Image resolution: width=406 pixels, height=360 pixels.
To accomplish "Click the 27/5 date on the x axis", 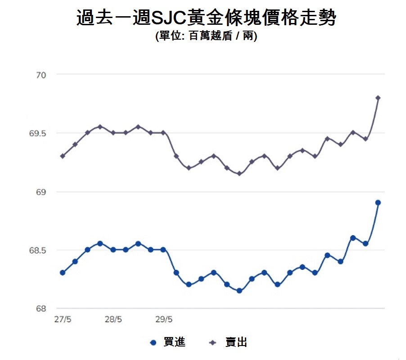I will [x=63, y=319].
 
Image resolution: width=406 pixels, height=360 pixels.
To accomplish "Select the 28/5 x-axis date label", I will [x=113, y=319].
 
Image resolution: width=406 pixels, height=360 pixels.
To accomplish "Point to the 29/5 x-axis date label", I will [x=164, y=319].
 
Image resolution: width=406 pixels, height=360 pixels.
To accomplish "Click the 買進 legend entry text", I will [x=174, y=343].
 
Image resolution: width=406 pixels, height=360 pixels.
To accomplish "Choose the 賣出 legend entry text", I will [x=236, y=343].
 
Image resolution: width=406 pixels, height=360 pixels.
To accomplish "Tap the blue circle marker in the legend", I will [x=153, y=343].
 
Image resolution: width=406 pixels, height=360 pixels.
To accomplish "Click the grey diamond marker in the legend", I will [x=212, y=343].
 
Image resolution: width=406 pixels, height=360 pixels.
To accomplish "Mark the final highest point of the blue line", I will [x=378, y=203].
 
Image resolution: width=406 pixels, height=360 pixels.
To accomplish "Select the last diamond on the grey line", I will [x=378, y=98].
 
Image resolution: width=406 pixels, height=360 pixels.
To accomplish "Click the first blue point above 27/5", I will [x=63, y=273].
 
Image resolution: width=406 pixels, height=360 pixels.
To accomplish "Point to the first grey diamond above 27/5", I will [x=63, y=156].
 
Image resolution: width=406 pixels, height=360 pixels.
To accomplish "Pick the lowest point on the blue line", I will [x=239, y=291].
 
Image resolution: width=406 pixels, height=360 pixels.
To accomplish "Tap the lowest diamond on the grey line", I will [x=239, y=173].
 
